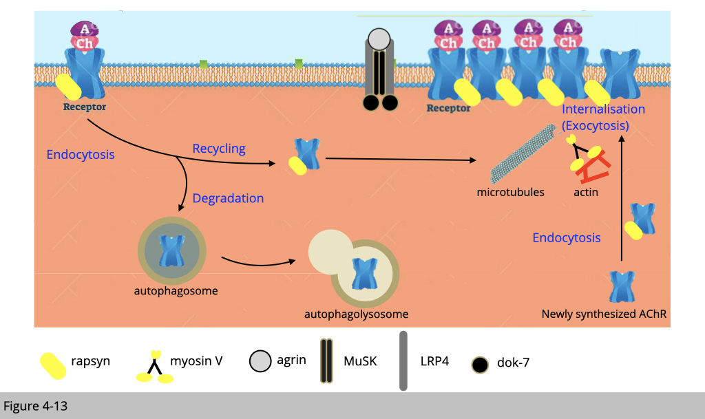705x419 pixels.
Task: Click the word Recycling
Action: click(219, 149)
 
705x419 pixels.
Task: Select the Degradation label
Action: click(228, 199)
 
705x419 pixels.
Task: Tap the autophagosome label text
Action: click(176, 291)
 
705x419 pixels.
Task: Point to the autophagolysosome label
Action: click(356, 314)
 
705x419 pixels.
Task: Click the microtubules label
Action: click(510, 193)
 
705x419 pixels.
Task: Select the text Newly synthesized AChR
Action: click(604, 314)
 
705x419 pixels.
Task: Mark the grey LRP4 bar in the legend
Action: click(403, 361)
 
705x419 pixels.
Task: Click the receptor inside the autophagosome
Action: click(169, 251)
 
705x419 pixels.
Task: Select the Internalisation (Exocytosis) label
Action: click(603, 118)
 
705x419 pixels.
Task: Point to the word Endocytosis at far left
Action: click(81, 155)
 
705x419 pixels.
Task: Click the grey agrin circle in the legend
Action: click(260, 361)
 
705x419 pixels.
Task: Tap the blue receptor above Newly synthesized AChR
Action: click(622, 286)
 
